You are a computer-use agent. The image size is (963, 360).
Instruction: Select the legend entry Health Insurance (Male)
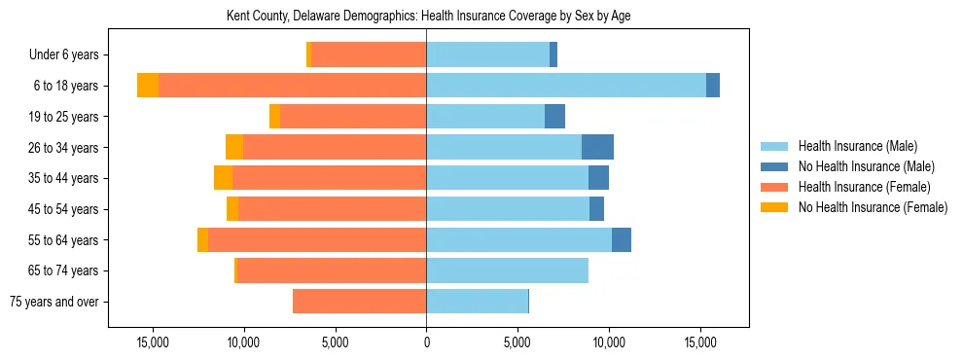857,146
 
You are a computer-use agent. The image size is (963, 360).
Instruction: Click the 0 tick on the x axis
426,342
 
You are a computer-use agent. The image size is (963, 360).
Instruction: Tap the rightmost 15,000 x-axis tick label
700,342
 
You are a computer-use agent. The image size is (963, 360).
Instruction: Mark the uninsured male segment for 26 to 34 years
597,147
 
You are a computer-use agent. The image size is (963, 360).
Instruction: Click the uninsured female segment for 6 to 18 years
148,86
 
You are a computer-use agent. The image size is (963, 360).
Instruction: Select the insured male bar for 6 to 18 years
566,86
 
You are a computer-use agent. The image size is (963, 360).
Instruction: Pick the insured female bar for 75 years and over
359,302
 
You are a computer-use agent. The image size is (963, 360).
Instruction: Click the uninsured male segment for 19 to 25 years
554,117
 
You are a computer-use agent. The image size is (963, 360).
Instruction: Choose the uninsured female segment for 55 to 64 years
202,239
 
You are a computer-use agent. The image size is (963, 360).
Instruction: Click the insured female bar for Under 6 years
369,55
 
